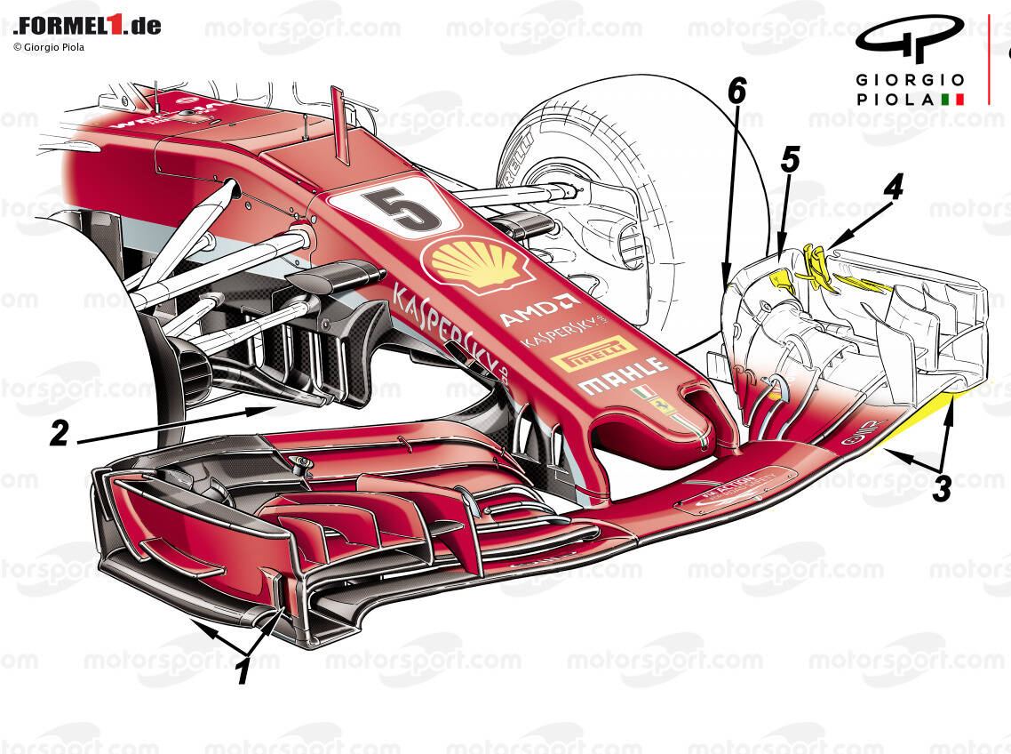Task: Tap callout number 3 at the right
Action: coord(942,488)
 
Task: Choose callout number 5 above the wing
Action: coord(790,159)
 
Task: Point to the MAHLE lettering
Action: coord(622,375)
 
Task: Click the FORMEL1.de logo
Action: coord(87,25)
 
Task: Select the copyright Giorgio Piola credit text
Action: coord(49,47)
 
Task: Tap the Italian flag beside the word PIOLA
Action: coord(952,99)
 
